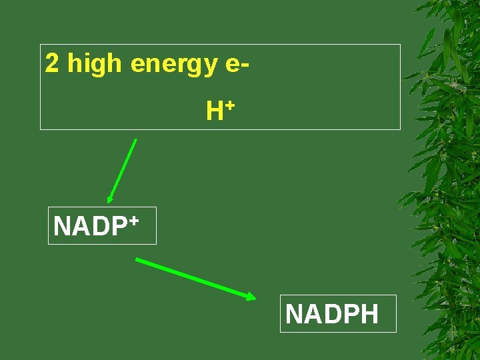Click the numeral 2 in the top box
51,64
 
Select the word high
95,64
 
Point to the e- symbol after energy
238,65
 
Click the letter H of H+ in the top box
214,111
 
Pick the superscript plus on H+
229,105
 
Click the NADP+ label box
102,225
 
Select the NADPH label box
338,313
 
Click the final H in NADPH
369,313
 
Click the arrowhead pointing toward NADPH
250,297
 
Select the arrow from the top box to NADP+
123,169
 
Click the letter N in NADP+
62,227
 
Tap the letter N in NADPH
294,313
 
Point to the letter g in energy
192,67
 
